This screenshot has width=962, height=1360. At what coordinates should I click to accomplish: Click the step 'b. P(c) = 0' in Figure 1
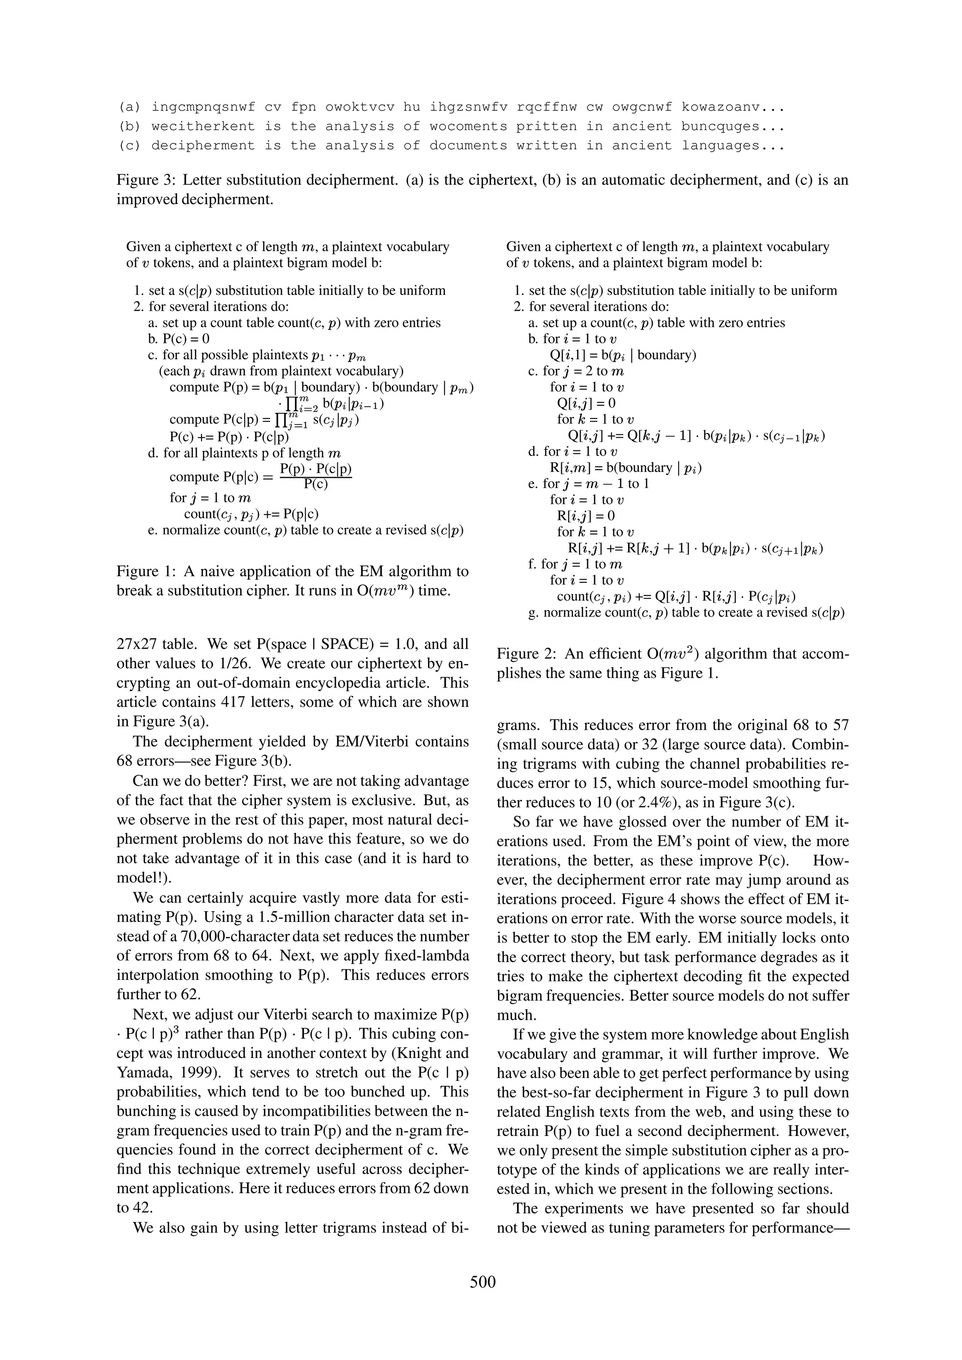[178, 339]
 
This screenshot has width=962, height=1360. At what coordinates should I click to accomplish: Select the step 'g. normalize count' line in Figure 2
[686, 612]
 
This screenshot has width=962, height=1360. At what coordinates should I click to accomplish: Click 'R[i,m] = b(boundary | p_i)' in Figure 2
[622, 468]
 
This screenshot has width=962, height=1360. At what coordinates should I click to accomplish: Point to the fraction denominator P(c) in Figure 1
[316, 484]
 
